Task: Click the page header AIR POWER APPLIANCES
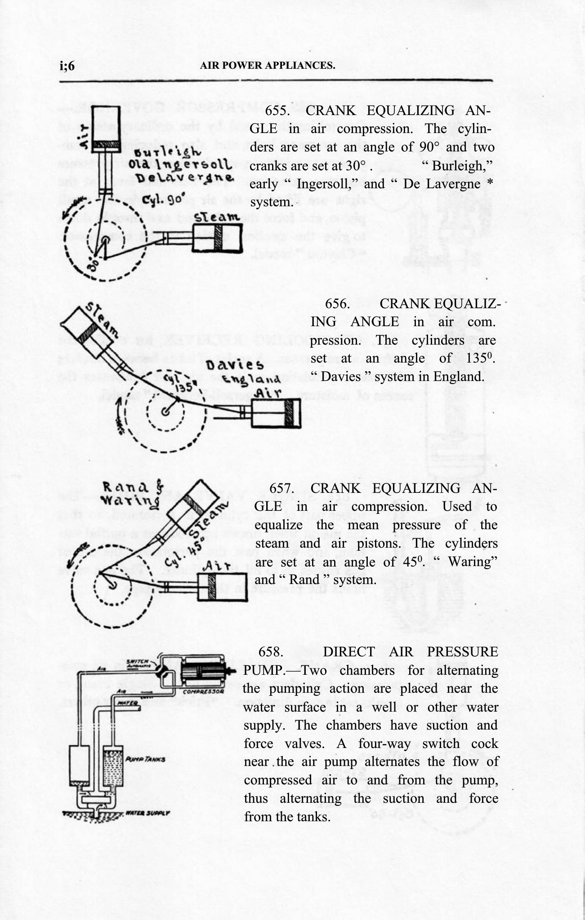[268, 66]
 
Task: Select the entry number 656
[337, 303]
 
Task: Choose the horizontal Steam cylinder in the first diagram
[218, 238]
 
